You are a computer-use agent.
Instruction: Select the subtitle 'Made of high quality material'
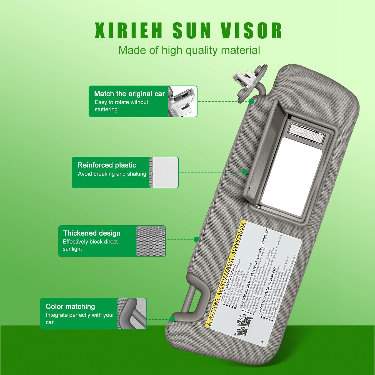pyautogui.click(x=189, y=50)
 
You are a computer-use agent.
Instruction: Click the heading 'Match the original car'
pyautogui.click(x=129, y=94)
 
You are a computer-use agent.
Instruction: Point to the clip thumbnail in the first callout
pyautogui.click(x=182, y=101)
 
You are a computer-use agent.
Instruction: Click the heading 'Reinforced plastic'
pyautogui.click(x=107, y=165)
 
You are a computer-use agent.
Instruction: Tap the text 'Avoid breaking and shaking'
pyautogui.click(x=112, y=174)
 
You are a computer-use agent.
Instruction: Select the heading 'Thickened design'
pyautogui.click(x=92, y=233)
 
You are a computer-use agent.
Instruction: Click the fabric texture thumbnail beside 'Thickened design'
pyautogui.click(x=151, y=241)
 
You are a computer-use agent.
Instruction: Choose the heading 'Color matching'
pyautogui.click(x=70, y=306)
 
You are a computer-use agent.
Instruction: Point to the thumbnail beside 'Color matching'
pyautogui.click(x=132, y=314)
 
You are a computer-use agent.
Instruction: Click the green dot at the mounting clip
pyautogui.click(x=251, y=101)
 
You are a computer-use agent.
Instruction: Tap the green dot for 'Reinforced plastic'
pyautogui.click(x=244, y=172)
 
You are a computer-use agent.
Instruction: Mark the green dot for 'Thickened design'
pyautogui.click(x=196, y=239)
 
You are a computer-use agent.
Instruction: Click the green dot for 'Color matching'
pyautogui.click(x=172, y=319)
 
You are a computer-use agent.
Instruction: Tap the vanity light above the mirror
pyautogui.click(x=307, y=134)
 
